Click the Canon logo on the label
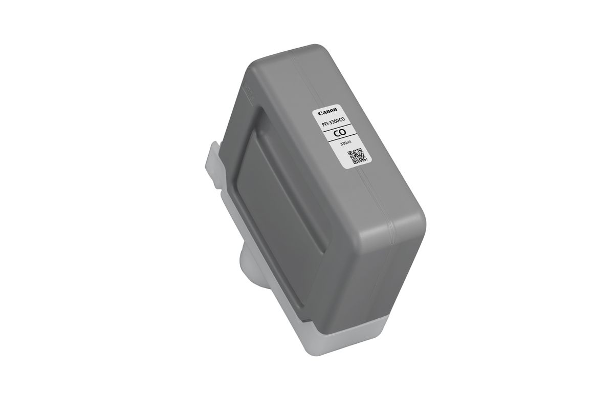327,113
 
